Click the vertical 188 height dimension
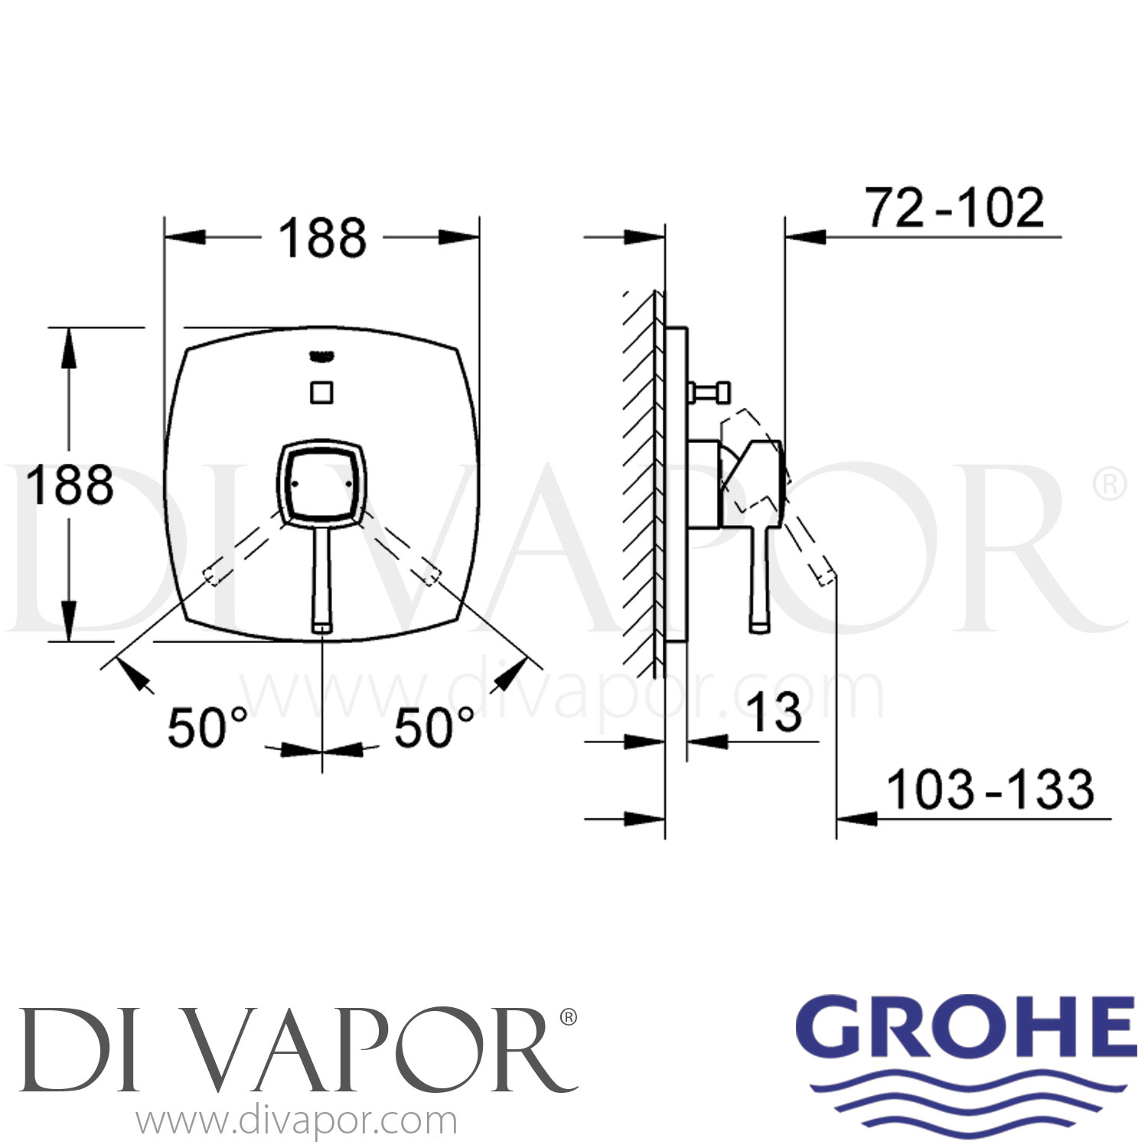pos(69,484)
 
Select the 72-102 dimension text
pos(954,208)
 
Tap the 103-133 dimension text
pos(990,790)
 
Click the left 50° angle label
pos(207,728)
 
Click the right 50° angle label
pos(434,728)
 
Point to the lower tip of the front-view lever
pos(322,626)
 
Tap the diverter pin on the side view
pos(711,393)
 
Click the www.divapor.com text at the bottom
pos(296,1121)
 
